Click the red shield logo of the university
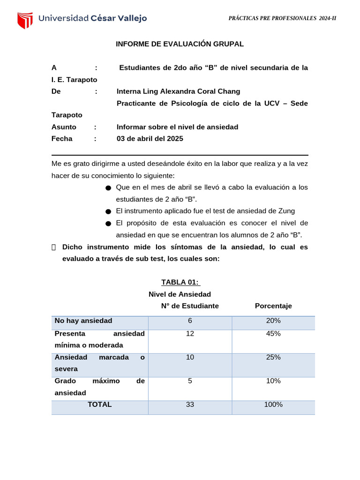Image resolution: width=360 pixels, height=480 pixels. pos(25,20)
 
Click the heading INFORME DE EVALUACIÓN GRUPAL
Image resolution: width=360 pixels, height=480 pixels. pos(180,44)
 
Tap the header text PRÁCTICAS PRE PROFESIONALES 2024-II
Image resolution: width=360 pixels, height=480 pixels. pos(282,18)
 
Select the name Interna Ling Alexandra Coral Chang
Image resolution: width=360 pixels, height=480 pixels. pos(178,91)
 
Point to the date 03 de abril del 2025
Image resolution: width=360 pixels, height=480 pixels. pos(150,139)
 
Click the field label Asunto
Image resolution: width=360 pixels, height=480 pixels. pos(64,127)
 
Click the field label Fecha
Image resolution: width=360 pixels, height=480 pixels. pos(62,139)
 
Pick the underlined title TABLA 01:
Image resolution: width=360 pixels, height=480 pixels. pos(180,282)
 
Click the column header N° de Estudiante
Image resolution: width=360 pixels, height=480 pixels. pos(190,306)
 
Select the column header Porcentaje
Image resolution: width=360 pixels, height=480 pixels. pos(273,306)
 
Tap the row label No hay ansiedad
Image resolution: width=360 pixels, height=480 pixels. pos(83,321)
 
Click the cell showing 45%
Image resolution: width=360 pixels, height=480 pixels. pos(273,334)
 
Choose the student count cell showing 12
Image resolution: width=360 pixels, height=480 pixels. pos(190,334)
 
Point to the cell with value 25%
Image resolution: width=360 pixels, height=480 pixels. pos(273,357)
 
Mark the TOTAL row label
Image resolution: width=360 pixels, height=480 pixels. pos(99,405)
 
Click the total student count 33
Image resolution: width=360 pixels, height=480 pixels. pos(190,405)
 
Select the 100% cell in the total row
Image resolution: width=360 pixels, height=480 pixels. pos(273,405)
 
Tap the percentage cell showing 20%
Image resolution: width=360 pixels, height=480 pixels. pos(273,321)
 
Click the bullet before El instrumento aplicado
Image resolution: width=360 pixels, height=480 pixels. pos(108,212)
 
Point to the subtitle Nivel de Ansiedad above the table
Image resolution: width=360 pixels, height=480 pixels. pos(180,294)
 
